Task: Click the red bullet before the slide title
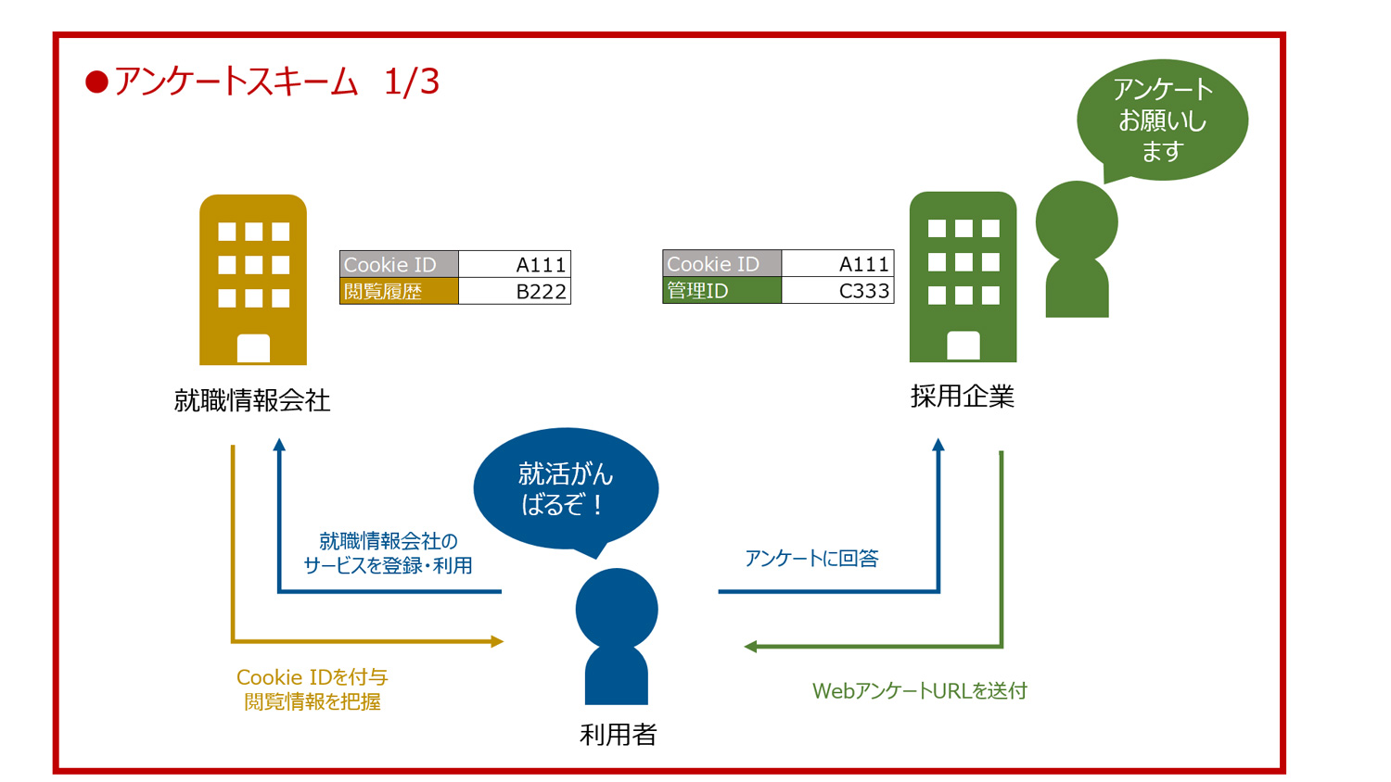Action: [96, 82]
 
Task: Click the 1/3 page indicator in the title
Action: [411, 82]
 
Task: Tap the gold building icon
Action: [253, 280]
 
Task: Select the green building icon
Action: [963, 277]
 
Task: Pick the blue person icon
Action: [617, 637]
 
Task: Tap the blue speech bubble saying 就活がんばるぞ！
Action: [566, 489]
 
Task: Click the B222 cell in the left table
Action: [515, 292]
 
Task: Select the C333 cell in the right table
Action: [837, 291]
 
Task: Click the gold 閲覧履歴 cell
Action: [399, 292]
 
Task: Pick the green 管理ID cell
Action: [721, 291]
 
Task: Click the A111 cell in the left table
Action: [515, 264]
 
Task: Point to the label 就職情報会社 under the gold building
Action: [252, 400]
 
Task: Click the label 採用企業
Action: [963, 397]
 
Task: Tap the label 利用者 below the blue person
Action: [618, 735]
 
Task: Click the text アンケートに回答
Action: [811, 558]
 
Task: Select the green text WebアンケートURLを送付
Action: [919, 691]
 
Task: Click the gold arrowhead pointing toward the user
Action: [497, 641]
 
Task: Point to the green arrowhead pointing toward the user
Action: [751, 647]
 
